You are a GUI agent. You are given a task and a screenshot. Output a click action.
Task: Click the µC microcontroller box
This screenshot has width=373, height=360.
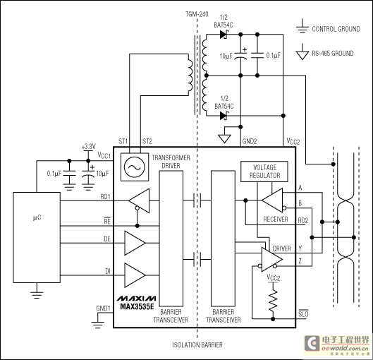[37, 237]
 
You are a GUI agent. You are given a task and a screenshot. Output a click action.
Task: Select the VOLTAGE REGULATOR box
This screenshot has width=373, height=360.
[264, 172]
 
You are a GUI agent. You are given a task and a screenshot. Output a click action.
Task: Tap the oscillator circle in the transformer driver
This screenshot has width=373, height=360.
[135, 167]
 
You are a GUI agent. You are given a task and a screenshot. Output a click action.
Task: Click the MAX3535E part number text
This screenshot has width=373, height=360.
[137, 306]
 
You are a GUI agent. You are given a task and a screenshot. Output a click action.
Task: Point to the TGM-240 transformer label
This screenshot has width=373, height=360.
[197, 14]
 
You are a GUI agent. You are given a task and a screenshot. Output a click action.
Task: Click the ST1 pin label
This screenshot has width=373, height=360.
[123, 141]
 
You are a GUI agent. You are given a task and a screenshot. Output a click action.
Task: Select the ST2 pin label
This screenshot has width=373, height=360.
[147, 141]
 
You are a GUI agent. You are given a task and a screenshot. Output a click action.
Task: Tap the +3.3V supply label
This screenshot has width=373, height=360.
[89, 146]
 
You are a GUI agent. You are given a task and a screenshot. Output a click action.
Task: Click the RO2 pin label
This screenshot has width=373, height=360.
[303, 221]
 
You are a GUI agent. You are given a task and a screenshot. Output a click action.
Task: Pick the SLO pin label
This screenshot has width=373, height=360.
[303, 314]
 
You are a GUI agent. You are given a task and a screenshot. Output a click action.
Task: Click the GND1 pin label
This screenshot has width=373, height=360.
[103, 308]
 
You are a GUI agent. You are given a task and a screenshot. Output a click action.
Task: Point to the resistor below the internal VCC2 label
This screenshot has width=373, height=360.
[273, 301]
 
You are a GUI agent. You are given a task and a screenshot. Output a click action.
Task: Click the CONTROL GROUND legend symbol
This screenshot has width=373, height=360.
[302, 26]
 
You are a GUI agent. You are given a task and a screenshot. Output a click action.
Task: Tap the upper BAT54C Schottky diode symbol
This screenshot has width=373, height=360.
[224, 35]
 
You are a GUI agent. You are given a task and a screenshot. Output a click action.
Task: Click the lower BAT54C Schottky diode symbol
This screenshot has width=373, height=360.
[224, 116]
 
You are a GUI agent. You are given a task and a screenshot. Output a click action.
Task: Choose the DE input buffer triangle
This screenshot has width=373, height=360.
[135, 243]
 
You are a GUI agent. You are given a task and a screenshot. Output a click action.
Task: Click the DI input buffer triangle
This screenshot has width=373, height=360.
[135, 275]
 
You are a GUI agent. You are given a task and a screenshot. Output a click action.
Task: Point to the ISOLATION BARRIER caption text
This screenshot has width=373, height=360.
[197, 345]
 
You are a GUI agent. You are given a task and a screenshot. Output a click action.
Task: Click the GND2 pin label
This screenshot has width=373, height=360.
[250, 141]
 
